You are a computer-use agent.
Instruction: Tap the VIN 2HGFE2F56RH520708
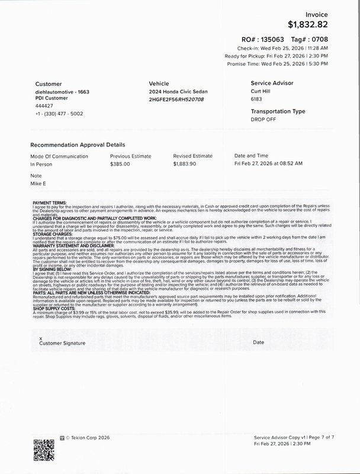(176, 100)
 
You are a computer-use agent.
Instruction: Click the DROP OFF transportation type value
(263, 120)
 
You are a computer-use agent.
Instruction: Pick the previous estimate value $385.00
(120, 164)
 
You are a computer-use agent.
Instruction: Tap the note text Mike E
(38, 183)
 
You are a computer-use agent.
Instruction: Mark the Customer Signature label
(62, 343)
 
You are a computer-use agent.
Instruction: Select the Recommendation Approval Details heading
(77, 145)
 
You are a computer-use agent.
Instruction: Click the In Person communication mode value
(41, 164)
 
